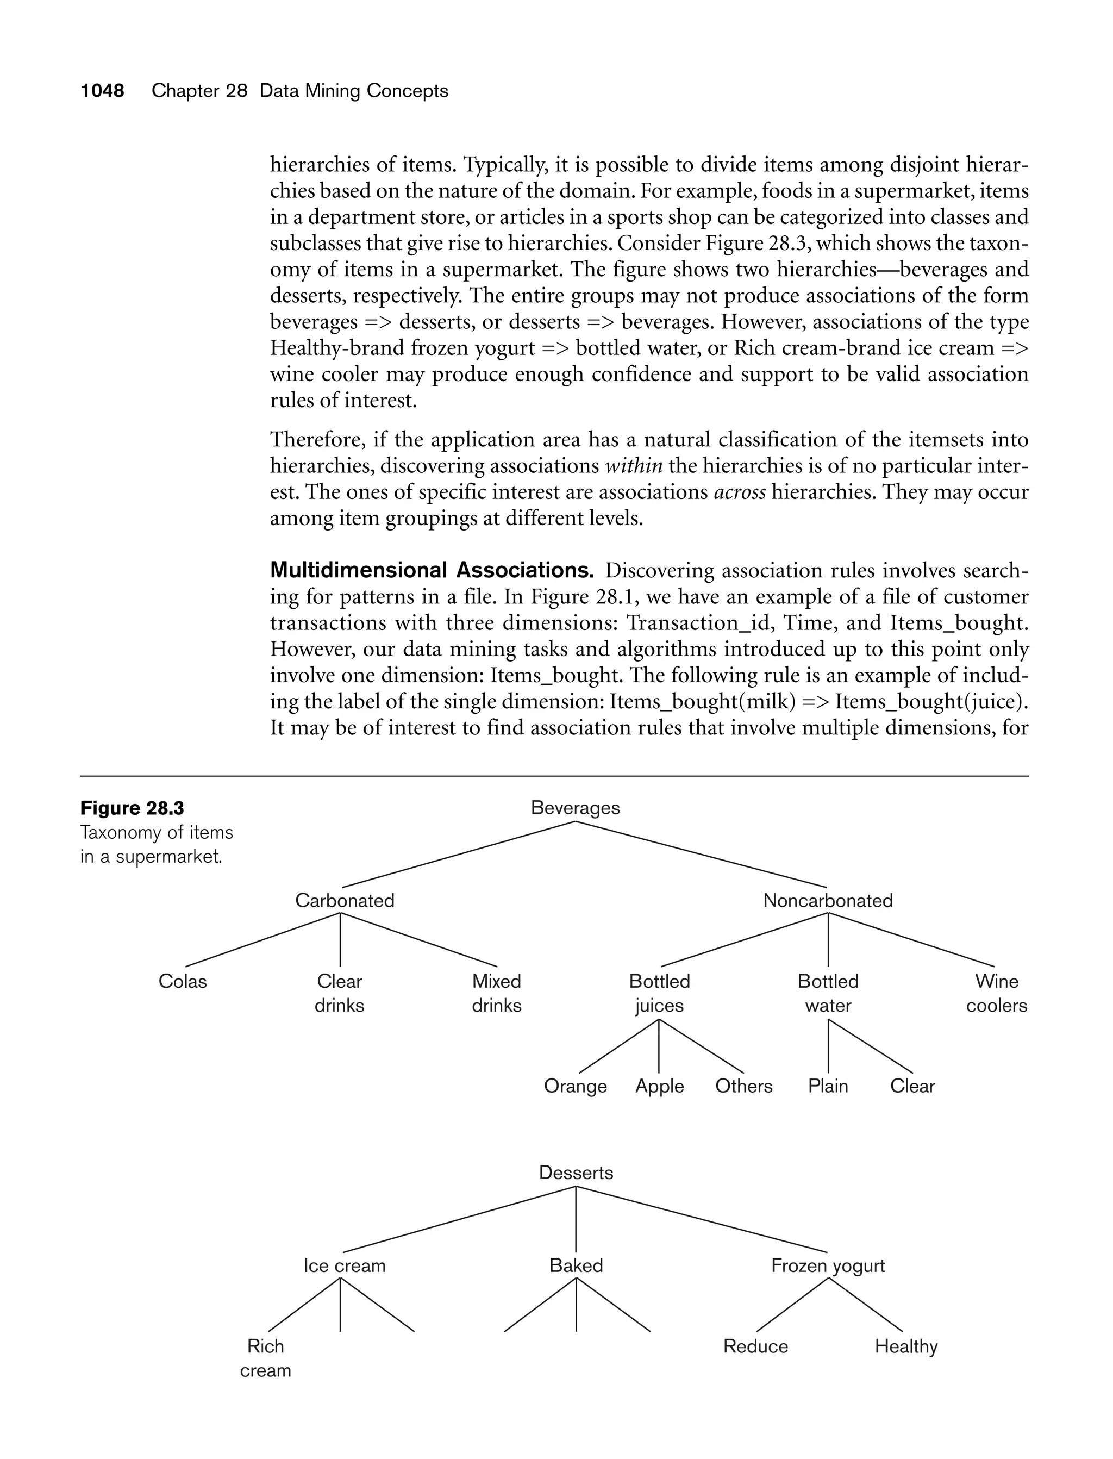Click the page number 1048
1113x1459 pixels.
102,91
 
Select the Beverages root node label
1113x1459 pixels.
575,808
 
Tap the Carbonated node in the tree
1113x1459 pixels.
345,900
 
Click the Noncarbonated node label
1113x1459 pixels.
828,900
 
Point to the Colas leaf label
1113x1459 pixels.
182,981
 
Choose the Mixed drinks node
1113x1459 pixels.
496,993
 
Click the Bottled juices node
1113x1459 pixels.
659,993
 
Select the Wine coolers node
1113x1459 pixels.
996,993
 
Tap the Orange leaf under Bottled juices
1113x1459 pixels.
575,1086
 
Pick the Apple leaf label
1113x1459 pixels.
659,1086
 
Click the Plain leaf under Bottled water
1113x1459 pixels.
828,1086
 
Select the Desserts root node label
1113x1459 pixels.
576,1172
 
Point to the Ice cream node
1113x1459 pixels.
345,1265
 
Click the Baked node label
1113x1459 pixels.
576,1265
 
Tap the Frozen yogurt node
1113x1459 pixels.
828,1265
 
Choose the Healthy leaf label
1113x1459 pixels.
905,1346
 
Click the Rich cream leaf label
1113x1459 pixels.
265,1358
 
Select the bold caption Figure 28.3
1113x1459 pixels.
132,808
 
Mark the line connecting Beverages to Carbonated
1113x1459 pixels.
459,855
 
